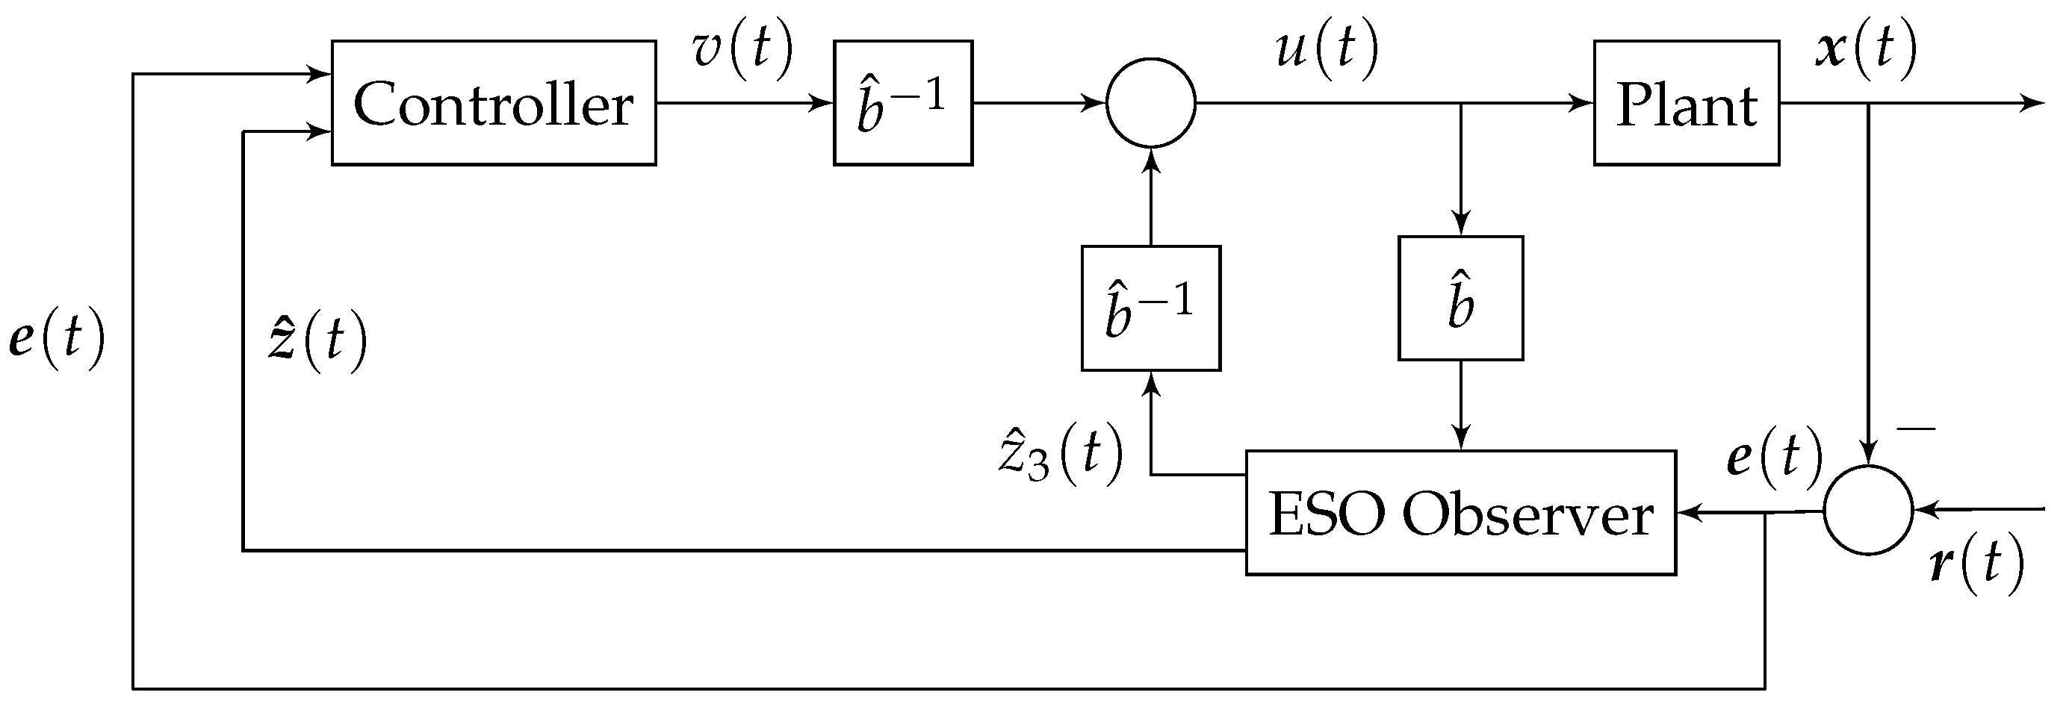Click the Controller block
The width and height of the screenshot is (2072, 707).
pos(493,103)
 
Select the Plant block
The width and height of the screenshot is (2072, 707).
pos(1686,103)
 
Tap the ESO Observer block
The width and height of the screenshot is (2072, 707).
pos(1460,513)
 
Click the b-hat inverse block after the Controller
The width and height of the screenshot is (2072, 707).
pos(902,103)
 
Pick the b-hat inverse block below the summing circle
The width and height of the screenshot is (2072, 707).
pos(1150,308)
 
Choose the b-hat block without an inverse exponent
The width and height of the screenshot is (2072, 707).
pos(1460,299)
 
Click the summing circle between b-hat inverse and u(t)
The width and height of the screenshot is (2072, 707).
pos(1150,103)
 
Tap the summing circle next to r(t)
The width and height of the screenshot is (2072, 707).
pos(1867,510)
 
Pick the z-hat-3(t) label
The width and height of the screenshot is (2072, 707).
pos(1060,455)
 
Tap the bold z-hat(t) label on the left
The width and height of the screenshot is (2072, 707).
pos(317,341)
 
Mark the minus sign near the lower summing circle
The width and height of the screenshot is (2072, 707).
pos(1916,429)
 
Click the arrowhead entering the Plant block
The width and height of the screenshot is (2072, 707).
pos(1583,103)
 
